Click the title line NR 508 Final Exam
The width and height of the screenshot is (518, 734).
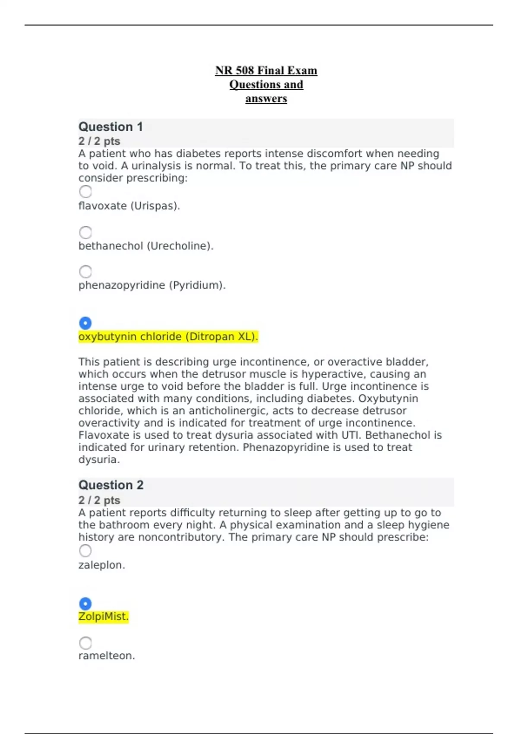266,70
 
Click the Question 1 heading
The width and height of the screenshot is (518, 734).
111,127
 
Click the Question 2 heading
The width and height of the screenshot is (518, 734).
111,485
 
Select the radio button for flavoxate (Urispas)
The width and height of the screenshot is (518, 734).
85,192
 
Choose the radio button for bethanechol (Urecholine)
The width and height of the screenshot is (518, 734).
85,232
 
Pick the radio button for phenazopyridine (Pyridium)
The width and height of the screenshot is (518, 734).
85,272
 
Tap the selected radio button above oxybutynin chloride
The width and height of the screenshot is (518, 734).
85,323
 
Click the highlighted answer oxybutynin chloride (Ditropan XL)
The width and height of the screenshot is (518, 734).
168,337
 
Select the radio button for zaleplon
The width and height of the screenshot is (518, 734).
85,551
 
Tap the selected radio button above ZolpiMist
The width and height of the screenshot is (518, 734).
85,604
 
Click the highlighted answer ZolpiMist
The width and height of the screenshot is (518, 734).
104,617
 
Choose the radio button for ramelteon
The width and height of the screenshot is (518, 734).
85,643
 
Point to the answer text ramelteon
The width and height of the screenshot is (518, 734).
107,656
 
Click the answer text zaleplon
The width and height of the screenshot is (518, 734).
101,565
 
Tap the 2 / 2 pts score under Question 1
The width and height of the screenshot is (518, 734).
99,141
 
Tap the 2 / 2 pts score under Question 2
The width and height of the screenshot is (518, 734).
99,500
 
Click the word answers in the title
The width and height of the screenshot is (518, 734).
266,99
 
